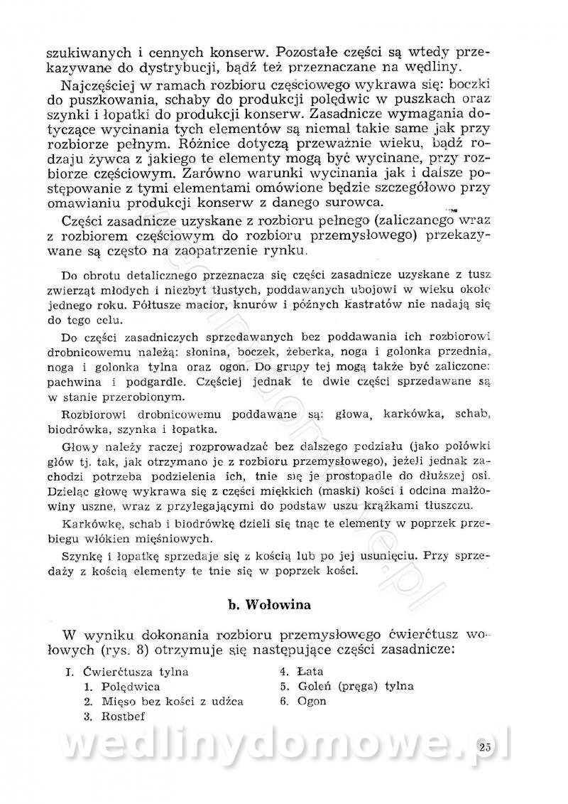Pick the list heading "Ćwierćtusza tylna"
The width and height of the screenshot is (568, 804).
136,671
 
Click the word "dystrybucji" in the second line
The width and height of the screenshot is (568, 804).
179,68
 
